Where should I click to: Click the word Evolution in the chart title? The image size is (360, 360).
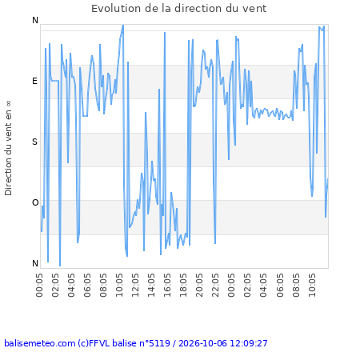click(117, 9)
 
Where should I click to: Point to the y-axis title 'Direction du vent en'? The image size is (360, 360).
click(8, 153)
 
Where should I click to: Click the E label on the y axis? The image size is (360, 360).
click(34, 81)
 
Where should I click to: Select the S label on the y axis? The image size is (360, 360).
click(34, 142)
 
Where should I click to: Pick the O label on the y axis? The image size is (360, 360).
click(35, 202)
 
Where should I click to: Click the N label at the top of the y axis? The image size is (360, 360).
click(35, 20)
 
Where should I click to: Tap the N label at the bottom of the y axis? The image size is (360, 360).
click(35, 263)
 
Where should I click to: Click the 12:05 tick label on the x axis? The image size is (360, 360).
click(135, 285)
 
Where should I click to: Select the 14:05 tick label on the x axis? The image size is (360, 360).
click(151, 285)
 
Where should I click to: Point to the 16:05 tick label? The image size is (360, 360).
click(167, 285)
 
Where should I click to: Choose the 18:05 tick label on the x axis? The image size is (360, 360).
click(183, 285)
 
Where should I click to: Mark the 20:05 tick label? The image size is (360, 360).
click(199, 285)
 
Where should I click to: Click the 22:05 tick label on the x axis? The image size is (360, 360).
click(215, 285)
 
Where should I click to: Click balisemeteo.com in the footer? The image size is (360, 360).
click(40, 343)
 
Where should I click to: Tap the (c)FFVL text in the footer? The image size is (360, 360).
click(94, 343)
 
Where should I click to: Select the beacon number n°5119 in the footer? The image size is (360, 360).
click(155, 343)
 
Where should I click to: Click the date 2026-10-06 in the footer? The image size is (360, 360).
click(202, 343)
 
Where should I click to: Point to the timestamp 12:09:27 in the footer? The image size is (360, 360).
click(249, 343)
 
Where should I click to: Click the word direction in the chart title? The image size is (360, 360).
click(198, 9)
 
